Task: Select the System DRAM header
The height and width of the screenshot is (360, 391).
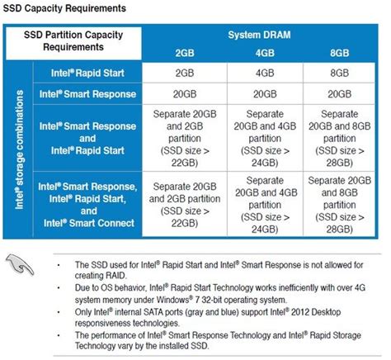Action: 263,36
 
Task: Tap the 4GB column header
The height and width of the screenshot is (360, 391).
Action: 263,54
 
